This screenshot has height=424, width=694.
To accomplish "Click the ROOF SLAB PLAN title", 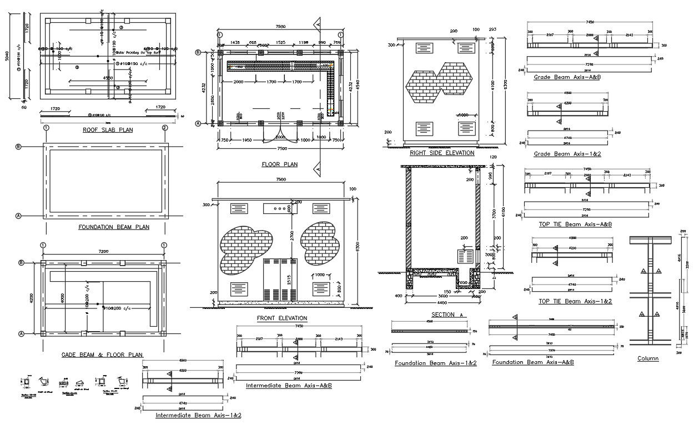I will [108, 130].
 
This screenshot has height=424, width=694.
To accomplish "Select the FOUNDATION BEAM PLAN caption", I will [114, 227].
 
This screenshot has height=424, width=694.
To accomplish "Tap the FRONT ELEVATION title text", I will [282, 318].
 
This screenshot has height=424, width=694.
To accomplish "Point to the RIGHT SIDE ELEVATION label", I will [442, 153].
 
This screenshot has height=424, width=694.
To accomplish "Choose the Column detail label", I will [648, 358].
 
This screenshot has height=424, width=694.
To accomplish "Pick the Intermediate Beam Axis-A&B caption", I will [289, 385].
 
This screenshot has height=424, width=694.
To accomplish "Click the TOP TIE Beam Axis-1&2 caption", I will [575, 301].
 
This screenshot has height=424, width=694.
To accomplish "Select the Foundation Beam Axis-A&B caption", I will [533, 362].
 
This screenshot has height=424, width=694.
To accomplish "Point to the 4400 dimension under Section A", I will [441, 303].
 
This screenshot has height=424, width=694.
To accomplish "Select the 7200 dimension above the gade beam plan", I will [103, 252].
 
